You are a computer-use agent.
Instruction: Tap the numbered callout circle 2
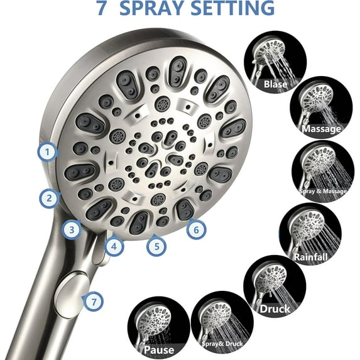pyautogui.click(x=48, y=199)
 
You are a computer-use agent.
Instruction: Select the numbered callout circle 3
pyautogui.click(x=73, y=229)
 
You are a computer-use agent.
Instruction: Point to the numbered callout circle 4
pyautogui.click(x=114, y=247)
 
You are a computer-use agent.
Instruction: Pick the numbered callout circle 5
pyautogui.click(x=157, y=246)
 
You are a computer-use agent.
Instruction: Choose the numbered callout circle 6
pyautogui.click(x=196, y=230)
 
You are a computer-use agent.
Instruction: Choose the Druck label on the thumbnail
pyautogui.click(x=275, y=308)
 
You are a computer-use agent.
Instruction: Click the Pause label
pyautogui.click(x=159, y=349)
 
